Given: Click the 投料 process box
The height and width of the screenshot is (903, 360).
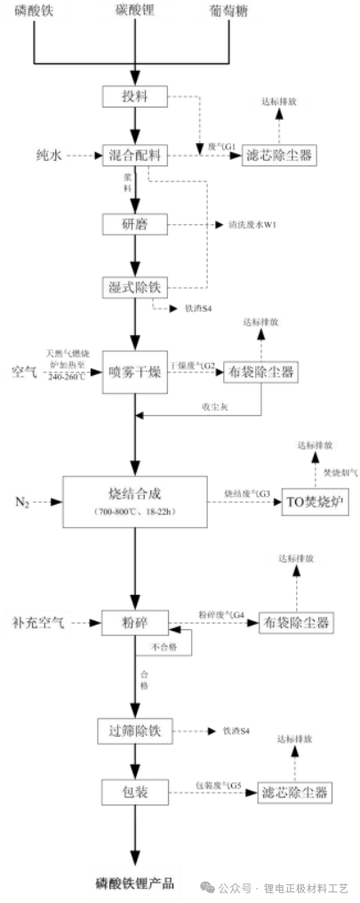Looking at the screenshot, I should [x=133, y=95].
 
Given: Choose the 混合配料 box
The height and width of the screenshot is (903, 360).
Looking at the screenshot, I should [x=133, y=155].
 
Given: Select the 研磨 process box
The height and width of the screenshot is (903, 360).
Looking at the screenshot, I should [x=133, y=224].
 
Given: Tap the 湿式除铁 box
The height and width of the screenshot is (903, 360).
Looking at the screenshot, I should [x=133, y=286].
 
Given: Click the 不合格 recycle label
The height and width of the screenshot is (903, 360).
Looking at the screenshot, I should [x=164, y=646].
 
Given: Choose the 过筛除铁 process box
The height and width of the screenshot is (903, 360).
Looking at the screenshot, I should [x=133, y=731].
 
